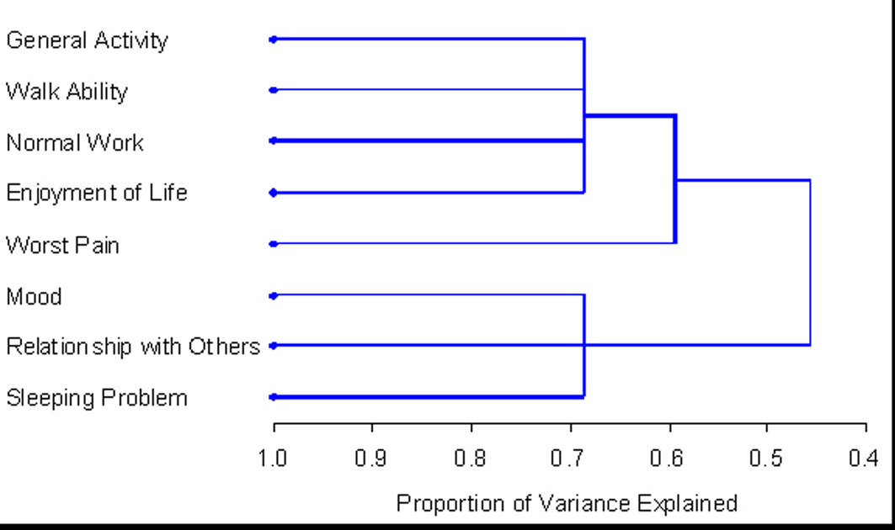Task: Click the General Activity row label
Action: point(87,40)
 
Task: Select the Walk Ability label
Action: point(67,91)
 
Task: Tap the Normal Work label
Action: point(75,143)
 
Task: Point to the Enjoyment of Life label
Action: point(96,193)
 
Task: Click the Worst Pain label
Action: point(62,246)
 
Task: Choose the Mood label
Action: point(34,297)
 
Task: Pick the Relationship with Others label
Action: point(132,347)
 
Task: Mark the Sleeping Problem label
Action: point(97,398)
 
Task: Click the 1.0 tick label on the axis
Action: point(274,458)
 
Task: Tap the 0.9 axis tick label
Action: point(371,458)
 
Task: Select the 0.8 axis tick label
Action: point(471,458)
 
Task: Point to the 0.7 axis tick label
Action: point(570,458)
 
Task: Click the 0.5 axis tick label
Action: point(767,458)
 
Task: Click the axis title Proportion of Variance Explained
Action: point(567,504)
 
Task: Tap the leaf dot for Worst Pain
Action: point(273,244)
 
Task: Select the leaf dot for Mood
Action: point(273,295)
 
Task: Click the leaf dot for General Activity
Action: point(273,39)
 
